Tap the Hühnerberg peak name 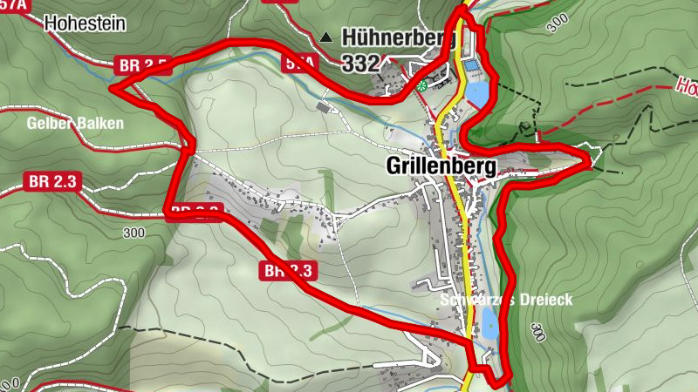tap(400, 37)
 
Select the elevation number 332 tap(360, 63)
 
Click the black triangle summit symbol tap(326, 37)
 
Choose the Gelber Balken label tap(75, 123)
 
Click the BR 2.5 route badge tap(140, 65)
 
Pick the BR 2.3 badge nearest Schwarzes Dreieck tap(287, 271)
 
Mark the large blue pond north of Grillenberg tap(476, 93)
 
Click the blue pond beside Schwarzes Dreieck tap(489, 328)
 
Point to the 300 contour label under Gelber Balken tap(133, 233)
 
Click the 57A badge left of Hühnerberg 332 tap(296, 63)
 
